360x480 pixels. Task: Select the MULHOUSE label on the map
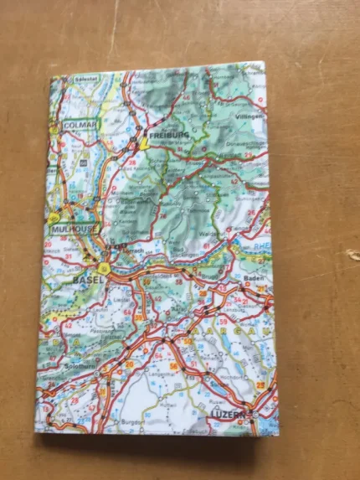pyautogui.click(x=73, y=228)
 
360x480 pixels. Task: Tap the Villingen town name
pyautogui.click(x=249, y=116)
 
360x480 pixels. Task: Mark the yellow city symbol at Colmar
pyautogui.click(x=56, y=128)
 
